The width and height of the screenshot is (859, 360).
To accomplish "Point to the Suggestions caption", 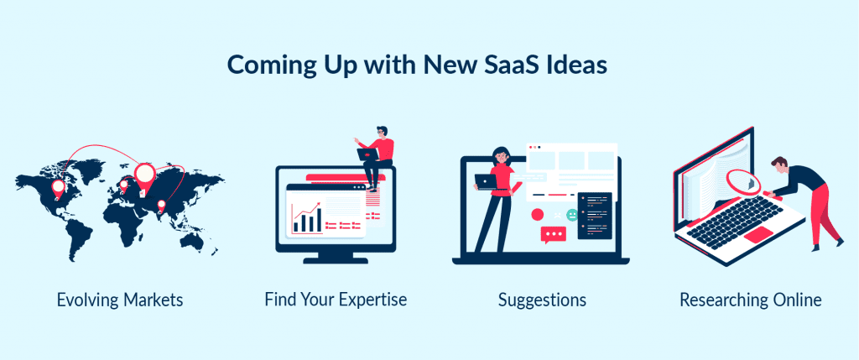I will [x=542, y=300].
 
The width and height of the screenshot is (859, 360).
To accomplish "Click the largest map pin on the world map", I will [x=145, y=175].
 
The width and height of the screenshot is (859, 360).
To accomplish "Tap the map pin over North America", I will [x=58, y=185].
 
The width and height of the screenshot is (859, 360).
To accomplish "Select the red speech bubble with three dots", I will [x=553, y=235].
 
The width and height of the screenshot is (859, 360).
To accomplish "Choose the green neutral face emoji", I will [x=573, y=215].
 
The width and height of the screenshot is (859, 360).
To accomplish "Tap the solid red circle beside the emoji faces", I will [x=538, y=215].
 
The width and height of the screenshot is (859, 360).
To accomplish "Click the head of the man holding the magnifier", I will [x=779, y=164].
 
